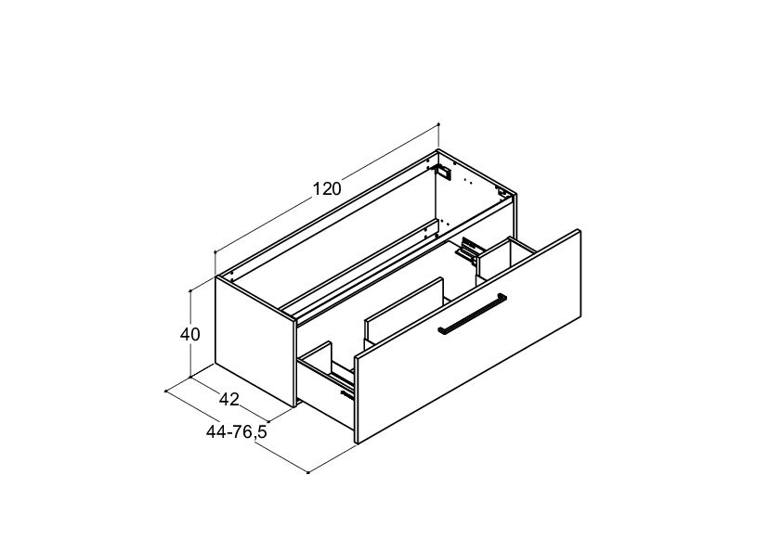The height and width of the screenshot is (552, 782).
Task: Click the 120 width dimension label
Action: pyautogui.click(x=327, y=189)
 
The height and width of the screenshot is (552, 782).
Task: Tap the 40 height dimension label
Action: pyautogui.click(x=190, y=335)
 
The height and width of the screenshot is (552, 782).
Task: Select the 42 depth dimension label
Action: pyautogui.click(x=229, y=399)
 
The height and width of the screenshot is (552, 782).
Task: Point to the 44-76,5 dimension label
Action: pyautogui.click(x=237, y=432)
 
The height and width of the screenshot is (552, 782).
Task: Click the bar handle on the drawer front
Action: pyautogui.click(x=473, y=314)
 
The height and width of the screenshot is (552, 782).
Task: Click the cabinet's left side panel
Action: pyautogui.click(x=255, y=341)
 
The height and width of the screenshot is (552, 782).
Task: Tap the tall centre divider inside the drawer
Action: pyautogui.click(x=404, y=313)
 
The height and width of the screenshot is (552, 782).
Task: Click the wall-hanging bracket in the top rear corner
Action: pyautogui.click(x=443, y=172)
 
